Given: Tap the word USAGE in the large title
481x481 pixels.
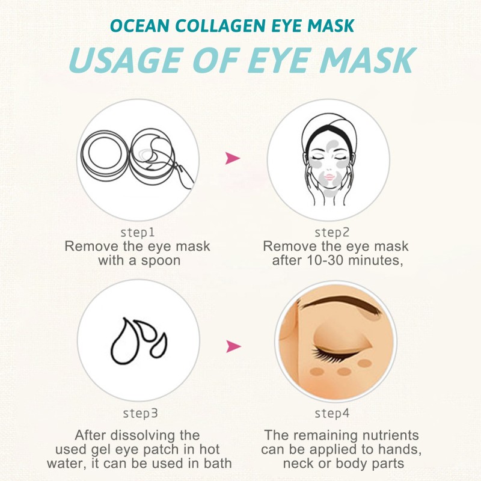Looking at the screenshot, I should click(121, 60).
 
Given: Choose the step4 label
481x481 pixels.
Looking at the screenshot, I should click(332, 413).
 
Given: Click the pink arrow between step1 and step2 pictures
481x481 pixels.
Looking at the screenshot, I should click(232, 159).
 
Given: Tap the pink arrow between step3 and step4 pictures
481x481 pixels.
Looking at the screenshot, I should click(233, 346).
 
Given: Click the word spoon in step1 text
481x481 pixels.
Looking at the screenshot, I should click(161, 260).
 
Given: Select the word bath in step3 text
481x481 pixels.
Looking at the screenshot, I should click(216, 464).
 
